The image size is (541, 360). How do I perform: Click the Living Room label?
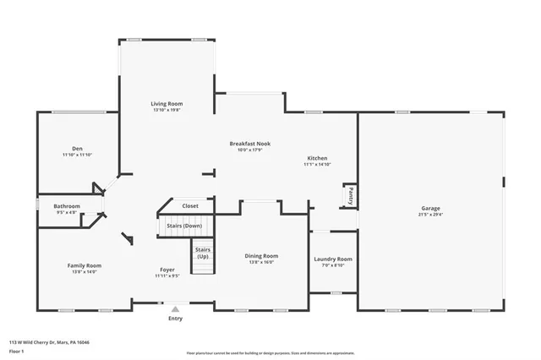click(x=167, y=103)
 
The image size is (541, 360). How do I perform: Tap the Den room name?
click(x=77, y=149)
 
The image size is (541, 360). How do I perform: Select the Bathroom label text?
click(x=67, y=206)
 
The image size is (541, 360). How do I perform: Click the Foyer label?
click(x=167, y=270)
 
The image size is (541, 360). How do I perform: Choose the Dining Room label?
click(x=261, y=255)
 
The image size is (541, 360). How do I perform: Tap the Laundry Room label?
click(x=332, y=259)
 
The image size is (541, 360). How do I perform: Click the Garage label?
click(x=431, y=208)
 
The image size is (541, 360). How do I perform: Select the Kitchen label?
click(x=317, y=158)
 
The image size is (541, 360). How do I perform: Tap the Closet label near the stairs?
click(x=190, y=205)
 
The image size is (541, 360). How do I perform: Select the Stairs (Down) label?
click(x=183, y=226)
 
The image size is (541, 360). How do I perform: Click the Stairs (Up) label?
click(x=203, y=253)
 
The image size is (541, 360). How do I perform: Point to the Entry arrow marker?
click(x=175, y=309)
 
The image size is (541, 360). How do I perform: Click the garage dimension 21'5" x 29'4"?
click(x=431, y=214)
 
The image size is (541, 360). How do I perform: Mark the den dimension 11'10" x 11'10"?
click(x=77, y=155)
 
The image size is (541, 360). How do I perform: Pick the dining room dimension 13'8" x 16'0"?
click(x=261, y=261)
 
